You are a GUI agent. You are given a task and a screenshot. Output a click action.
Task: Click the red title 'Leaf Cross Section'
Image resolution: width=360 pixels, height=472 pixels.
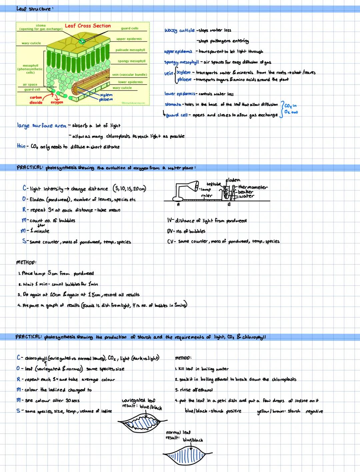88,26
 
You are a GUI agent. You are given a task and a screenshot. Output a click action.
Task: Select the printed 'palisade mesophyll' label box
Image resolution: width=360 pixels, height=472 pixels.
130,50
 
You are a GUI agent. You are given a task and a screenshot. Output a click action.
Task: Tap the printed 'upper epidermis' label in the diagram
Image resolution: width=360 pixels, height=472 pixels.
129,39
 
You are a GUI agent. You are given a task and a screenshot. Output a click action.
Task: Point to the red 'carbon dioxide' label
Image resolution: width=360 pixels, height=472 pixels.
36,100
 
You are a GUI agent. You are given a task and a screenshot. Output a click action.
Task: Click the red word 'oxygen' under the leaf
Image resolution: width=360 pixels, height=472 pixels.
57,103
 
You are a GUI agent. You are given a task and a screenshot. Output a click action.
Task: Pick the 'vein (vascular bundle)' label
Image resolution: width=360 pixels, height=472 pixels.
129,75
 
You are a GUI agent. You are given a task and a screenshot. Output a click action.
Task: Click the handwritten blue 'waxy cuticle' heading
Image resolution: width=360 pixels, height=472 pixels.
179,30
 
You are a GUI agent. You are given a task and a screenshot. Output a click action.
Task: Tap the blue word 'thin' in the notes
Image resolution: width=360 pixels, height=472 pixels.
21,146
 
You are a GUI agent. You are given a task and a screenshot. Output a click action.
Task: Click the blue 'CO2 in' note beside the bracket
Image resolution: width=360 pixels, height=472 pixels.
291,106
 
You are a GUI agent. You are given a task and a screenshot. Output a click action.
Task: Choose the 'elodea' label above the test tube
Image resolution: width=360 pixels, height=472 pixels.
233,180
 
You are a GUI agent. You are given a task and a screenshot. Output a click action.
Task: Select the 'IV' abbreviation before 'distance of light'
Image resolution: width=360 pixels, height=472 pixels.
170,221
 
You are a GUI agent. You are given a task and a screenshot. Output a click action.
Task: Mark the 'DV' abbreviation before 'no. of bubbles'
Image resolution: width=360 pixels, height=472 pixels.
170,231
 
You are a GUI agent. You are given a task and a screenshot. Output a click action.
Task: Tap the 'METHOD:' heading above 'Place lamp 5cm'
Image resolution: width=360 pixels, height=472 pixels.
26,262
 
